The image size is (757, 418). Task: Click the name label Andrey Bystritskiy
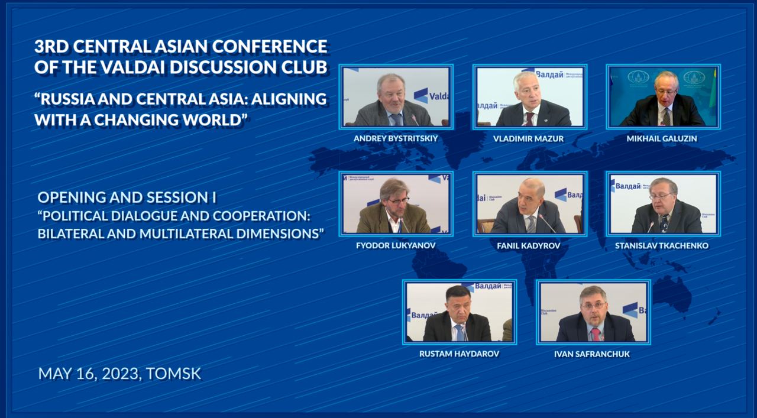click(396, 138)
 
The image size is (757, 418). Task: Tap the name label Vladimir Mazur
click(529, 138)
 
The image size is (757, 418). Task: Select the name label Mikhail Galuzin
click(662, 138)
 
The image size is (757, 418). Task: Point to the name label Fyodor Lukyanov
click(396, 245)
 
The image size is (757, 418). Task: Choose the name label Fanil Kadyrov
click(529, 245)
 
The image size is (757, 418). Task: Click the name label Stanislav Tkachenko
click(662, 245)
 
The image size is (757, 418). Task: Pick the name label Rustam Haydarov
click(459, 354)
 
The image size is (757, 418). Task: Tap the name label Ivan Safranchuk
click(593, 354)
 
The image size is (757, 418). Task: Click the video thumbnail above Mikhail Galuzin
click(663, 96)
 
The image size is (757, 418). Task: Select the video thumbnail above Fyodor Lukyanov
click(396, 203)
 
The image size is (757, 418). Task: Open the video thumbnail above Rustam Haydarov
click(460, 312)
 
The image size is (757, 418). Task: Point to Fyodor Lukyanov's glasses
click(398, 201)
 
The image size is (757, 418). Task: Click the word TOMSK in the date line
click(174, 374)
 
